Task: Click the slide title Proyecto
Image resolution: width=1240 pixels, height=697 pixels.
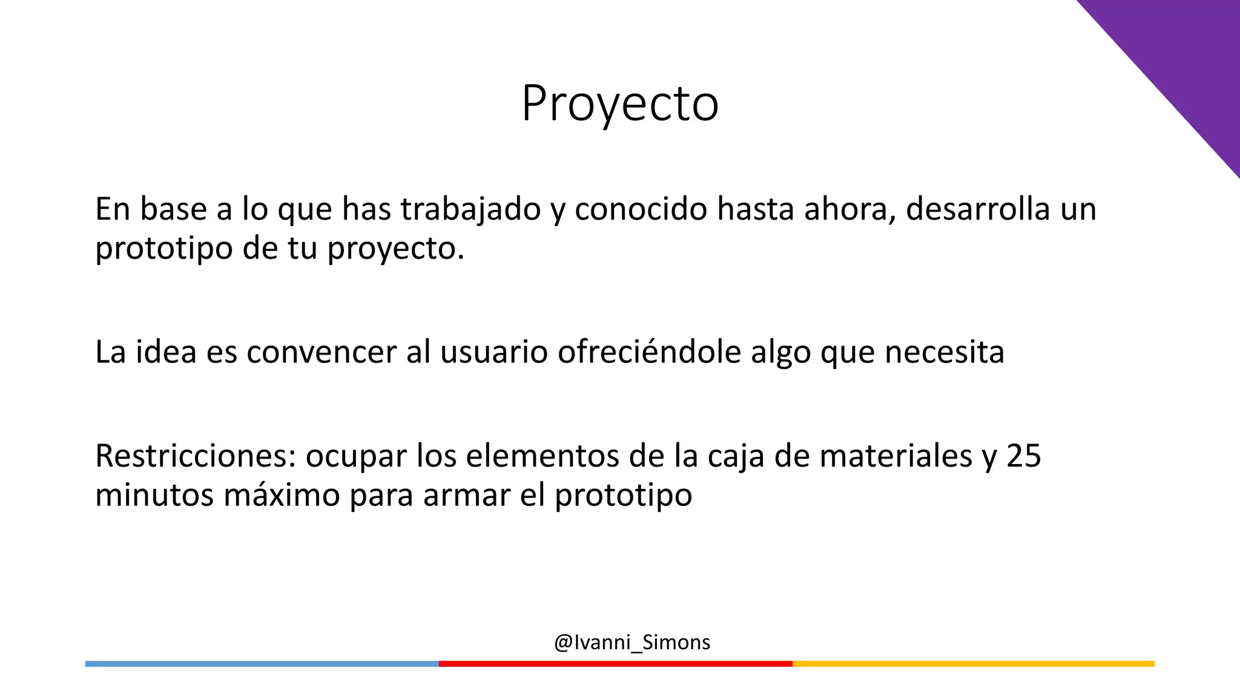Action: [x=620, y=104]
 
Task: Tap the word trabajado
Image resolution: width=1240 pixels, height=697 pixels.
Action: [x=470, y=209]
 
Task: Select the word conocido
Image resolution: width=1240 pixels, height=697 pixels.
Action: [x=641, y=209]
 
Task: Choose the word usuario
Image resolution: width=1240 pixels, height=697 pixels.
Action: [x=494, y=352]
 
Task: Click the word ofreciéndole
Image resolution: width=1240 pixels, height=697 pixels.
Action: [x=649, y=352]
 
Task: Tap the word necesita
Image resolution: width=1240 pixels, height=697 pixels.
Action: [x=945, y=352]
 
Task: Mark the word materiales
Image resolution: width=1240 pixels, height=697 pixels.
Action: [x=896, y=456]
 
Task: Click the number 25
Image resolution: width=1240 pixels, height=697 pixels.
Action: [x=1024, y=456]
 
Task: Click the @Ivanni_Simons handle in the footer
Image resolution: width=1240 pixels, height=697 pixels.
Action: [x=632, y=642]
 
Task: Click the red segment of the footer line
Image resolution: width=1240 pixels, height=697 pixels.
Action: [x=615, y=664]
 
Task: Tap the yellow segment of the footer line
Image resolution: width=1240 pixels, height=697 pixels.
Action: [x=973, y=664]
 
